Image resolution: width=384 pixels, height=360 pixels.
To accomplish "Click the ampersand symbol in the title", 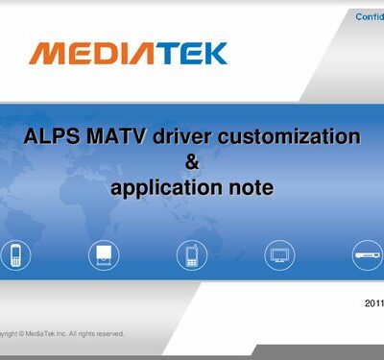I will [192, 161].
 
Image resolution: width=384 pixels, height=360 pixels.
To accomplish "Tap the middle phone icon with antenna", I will [191, 254].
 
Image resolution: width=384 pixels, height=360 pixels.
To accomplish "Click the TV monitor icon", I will [279, 254].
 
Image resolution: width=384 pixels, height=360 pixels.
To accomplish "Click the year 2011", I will [374, 302].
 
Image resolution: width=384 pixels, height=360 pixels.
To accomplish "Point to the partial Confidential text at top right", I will [370, 17].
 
